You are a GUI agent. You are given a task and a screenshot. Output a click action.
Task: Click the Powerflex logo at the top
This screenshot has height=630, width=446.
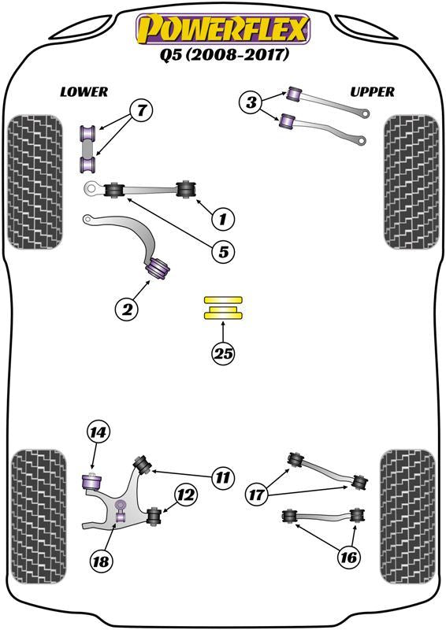click(224, 30)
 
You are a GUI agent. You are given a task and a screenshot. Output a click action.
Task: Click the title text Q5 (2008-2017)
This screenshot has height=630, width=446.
click(224, 56)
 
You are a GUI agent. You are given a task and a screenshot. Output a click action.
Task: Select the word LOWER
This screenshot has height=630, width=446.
click(84, 92)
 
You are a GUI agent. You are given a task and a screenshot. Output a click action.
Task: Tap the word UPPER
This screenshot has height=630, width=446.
click(371, 92)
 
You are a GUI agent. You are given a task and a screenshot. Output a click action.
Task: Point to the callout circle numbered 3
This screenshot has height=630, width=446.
click(251, 102)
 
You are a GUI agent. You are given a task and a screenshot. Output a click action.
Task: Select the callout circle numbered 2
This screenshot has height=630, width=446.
click(126, 309)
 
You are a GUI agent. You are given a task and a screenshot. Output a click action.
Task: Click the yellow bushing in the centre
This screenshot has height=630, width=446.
click(224, 308)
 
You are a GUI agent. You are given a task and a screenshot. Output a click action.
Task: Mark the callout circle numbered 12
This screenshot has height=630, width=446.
click(185, 495)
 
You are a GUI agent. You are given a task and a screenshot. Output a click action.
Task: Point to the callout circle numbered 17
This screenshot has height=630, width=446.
click(257, 495)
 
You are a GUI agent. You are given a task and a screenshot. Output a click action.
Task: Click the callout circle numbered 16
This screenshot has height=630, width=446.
click(348, 558)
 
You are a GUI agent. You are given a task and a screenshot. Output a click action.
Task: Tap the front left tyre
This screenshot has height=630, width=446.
click(34, 182)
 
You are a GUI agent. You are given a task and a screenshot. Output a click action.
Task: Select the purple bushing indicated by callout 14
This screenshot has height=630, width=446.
click(92, 479)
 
